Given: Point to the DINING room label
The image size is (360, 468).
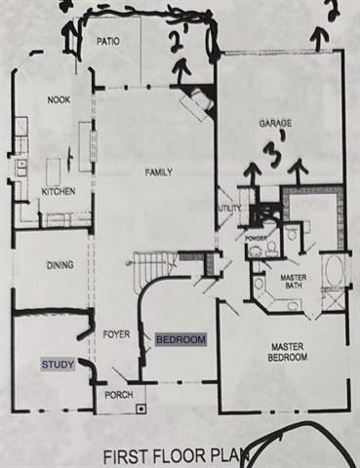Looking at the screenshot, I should coord(49,263).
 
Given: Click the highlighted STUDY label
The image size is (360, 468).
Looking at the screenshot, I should coord(57,365).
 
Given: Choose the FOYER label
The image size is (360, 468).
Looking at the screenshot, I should coord(116,334).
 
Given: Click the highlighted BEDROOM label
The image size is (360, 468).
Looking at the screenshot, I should coord(181,339).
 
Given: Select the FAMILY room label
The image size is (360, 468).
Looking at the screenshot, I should coord(159,173).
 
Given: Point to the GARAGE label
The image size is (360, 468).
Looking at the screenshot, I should coord(275,124).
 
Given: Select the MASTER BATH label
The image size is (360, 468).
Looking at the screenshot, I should coord(294,283).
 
